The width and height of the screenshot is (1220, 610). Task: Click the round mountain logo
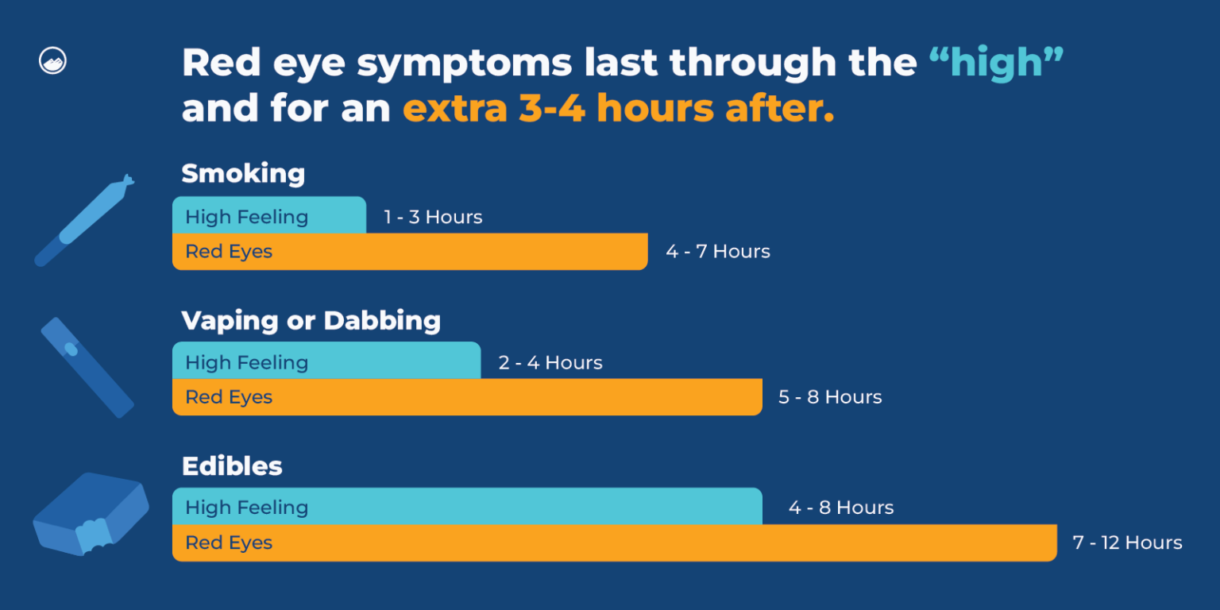[x=52, y=61]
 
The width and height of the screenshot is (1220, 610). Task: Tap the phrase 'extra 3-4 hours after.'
[x=619, y=108]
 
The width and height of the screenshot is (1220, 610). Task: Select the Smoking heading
[x=243, y=173]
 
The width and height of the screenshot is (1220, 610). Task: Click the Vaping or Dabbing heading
[x=311, y=321]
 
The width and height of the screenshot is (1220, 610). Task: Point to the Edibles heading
[x=232, y=466]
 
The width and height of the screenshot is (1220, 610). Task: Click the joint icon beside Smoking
[x=83, y=220]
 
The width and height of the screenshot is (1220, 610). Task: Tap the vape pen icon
[x=87, y=367]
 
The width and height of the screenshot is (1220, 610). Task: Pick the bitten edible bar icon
[x=91, y=513]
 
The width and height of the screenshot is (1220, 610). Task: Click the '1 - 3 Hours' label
[x=433, y=217]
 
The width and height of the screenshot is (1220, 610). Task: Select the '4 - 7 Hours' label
[x=718, y=252]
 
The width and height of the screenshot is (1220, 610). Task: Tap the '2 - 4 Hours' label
[x=550, y=363]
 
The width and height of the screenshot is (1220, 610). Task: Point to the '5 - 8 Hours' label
[x=830, y=397]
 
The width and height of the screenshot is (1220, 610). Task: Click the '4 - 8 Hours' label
[x=841, y=508]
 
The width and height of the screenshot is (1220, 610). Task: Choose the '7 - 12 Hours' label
[x=1127, y=542]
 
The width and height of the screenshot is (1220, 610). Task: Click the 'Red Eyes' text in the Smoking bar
[x=229, y=252]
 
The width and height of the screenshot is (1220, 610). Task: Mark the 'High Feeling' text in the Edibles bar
[x=246, y=508]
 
